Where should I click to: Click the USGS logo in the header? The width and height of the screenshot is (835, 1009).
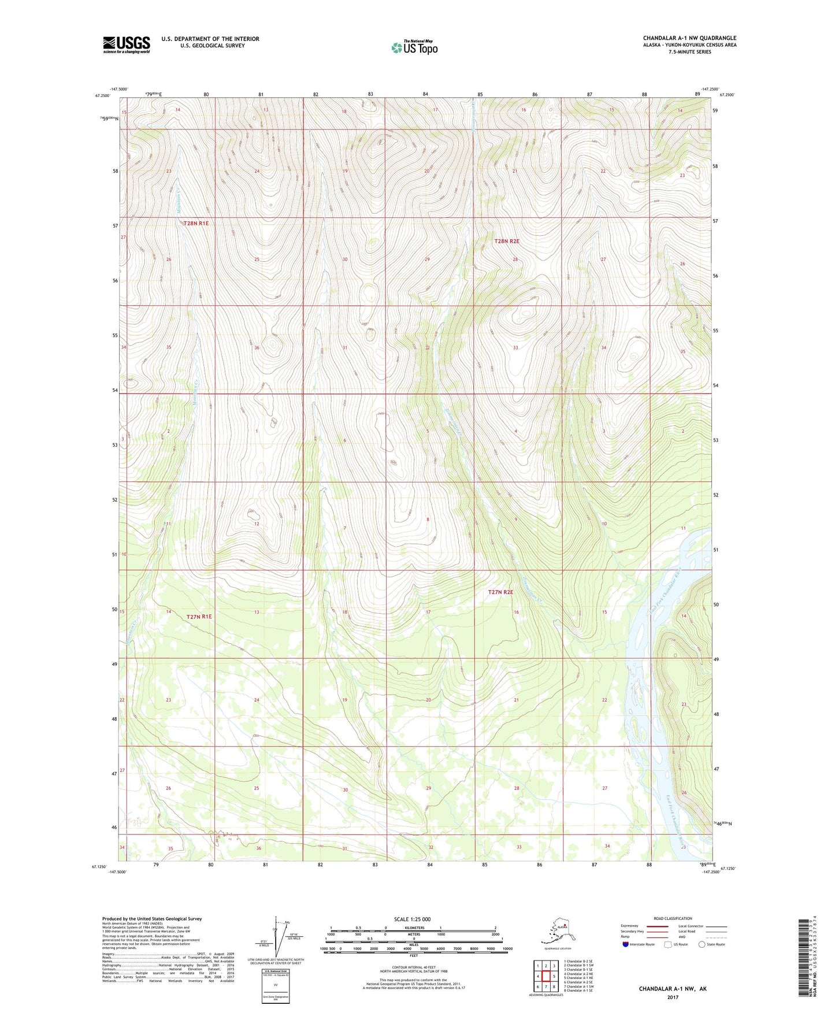click(x=126, y=44)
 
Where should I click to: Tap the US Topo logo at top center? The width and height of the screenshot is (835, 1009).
click(x=414, y=47)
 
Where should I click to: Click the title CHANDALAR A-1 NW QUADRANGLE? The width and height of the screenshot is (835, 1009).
click(x=689, y=38)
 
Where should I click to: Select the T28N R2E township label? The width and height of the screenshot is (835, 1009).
click(x=506, y=242)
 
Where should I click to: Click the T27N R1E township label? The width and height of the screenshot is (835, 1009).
click(x=199, y=617)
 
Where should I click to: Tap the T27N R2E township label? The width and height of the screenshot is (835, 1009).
click(x=500, y=592)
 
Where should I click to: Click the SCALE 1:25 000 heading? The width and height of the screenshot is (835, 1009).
click(x=413, y=919)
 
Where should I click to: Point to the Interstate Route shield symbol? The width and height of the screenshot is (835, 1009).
click(x=626, y=944)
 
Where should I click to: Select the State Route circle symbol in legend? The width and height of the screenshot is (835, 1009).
click(x=702, y=944)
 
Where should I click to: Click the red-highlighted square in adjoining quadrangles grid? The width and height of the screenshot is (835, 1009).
click(x=545, y=976)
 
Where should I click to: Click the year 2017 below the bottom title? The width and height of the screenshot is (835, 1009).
click(x=673, y=997)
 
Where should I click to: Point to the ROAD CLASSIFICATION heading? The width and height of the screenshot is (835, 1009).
click(x=673, y=918)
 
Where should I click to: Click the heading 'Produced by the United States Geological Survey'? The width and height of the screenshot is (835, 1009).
click(x=152, y=918)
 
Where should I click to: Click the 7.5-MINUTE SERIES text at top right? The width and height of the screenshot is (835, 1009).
click(x=690, y=52)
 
